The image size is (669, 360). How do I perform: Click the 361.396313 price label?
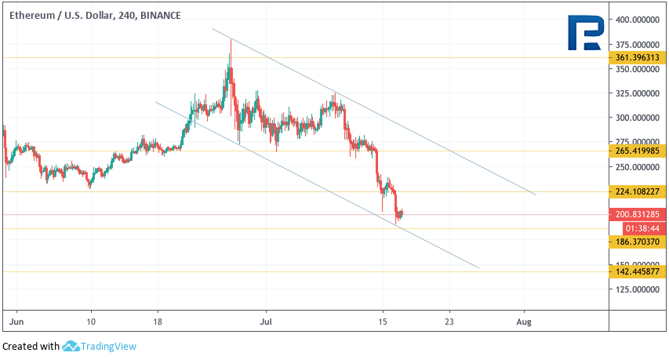(638, 57)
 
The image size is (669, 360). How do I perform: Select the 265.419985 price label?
(638, 150)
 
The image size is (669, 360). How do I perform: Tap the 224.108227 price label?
(638, 191)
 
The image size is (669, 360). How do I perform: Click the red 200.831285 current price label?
(638, 213)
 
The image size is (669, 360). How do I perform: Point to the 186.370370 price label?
(638, 242)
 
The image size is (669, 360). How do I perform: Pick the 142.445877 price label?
(638, 271)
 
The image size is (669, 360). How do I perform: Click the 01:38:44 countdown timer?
(638, 227)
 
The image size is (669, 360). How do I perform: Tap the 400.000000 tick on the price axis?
(638, 20)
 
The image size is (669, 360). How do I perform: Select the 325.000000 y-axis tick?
(638, 93)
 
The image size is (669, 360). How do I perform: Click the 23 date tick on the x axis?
(449, 322)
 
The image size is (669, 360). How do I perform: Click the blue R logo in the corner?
(584, 33)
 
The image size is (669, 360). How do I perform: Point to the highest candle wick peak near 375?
(231, 39)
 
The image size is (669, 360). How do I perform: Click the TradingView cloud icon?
(71, 346)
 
